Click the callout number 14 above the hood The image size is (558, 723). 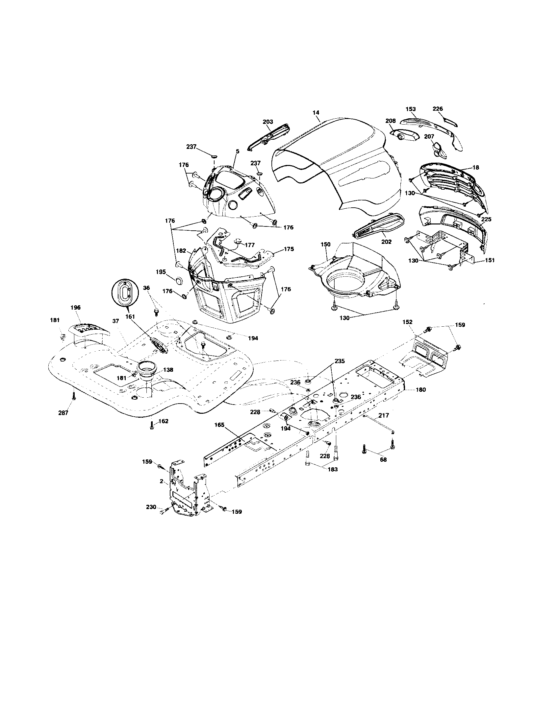[316, 112]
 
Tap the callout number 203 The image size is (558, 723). [267, 122]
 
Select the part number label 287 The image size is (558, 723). [63, 413]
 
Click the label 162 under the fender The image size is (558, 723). [164, 421]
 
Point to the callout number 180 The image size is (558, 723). [420, 390]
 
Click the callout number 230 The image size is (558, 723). [151, 506]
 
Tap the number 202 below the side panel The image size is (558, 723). [386, 242]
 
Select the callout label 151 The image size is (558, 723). [490, 260]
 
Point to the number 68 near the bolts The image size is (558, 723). [383, 459]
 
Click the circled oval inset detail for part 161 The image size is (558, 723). [124, 292]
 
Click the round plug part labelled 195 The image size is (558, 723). [179, 281]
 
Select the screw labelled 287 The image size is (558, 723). [74, 396]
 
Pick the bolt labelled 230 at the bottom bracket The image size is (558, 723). [163, 512]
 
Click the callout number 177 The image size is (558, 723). [249, 245]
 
